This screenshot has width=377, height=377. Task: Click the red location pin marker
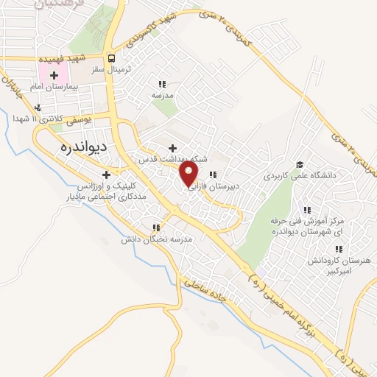point(189,174)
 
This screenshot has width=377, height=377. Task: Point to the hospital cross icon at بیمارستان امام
point(54,75)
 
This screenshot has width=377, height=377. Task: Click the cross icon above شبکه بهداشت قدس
point(173,147)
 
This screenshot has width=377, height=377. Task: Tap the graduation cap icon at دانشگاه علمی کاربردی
point(300,164)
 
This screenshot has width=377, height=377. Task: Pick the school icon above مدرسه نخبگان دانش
point(155,228)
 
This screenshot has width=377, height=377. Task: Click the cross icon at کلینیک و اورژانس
point(107,175)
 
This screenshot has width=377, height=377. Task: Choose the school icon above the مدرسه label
point(162,84)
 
